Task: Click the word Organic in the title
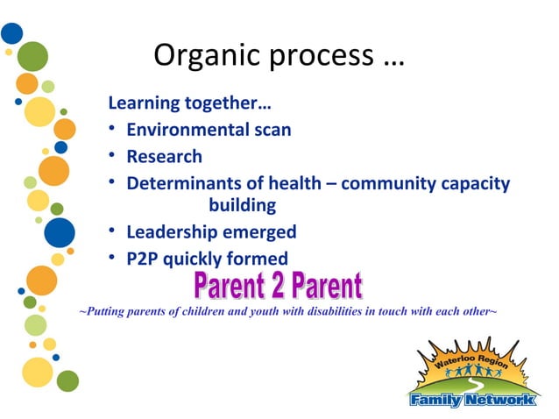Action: tap(201, 57)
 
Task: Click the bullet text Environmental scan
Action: tap(209, 131)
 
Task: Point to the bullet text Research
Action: tap(164, 157)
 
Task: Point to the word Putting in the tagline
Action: tap(107, 312)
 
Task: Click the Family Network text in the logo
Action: tap(473, 400)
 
